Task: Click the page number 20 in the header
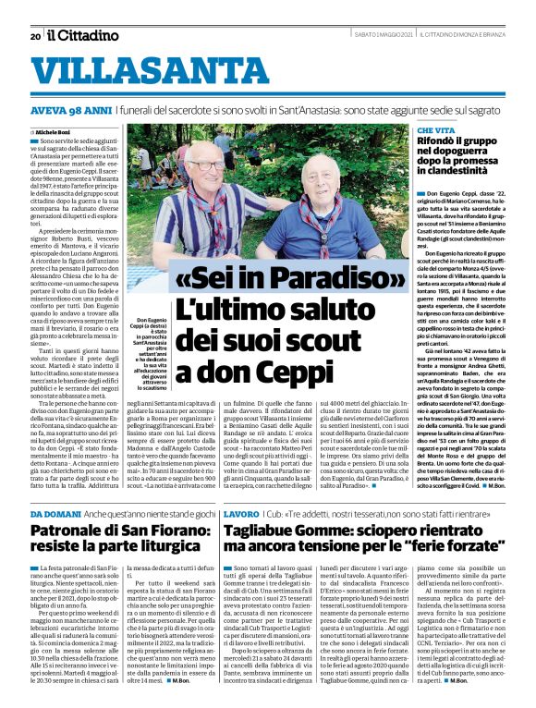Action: pos(34,36)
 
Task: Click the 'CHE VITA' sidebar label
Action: pos(439,133)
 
